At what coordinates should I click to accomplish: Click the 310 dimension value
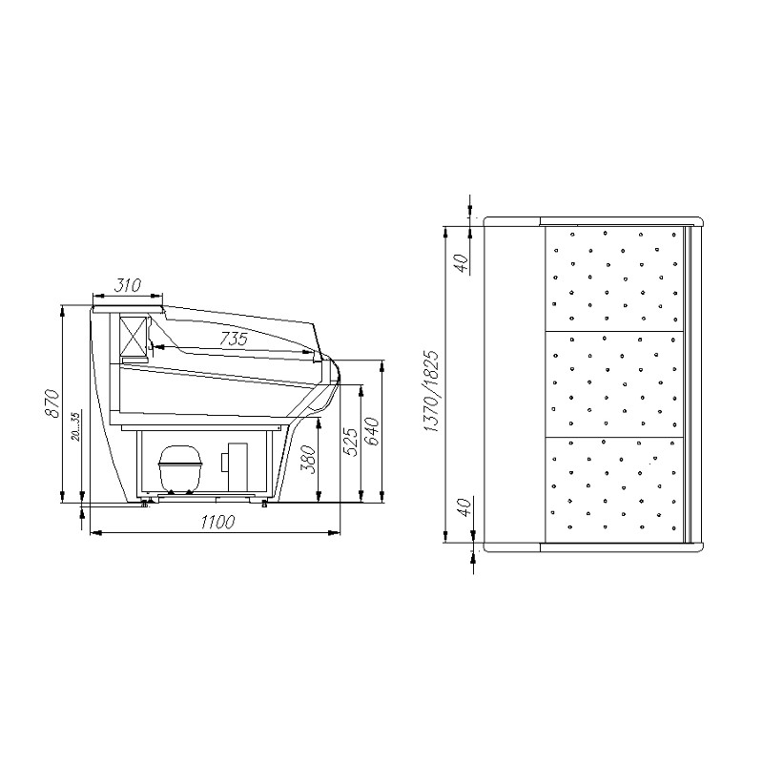(x=128, y=285)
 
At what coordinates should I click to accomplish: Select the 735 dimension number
(x=234, y=339)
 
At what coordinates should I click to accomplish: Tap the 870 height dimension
(x=52, y=402)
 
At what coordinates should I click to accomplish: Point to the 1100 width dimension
(x=218, y=522)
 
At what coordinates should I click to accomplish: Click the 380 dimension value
(x=308, y=459)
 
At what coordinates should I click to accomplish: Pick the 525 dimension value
(x=351, y=442)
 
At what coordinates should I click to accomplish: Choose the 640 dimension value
(x=372, y=431)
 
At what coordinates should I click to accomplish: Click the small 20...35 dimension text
(x=75, y=426)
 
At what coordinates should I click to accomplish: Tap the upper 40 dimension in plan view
(x=463, y=264)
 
